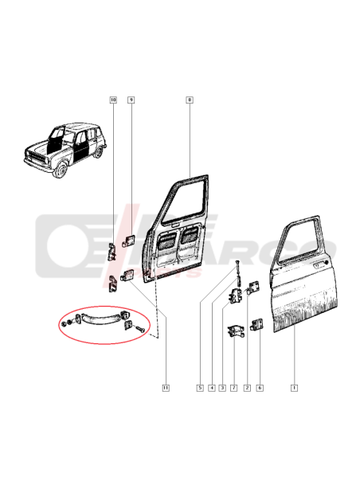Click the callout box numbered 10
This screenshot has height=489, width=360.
click(113, 100)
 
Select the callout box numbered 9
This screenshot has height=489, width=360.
click(131, 100)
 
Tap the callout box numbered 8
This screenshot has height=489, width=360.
click(190, 100)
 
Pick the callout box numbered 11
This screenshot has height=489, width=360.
click(166, 388)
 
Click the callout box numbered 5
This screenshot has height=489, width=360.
click(200, 388)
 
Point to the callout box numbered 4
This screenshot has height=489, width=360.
click(212, 388)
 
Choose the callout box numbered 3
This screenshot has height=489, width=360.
click(223, 388)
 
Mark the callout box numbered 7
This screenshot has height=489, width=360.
click(234, 388)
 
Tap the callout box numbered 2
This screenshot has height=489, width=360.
click(247, 388)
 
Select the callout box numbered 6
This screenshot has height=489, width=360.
click(260, 388)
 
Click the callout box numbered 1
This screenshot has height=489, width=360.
click(294, 388)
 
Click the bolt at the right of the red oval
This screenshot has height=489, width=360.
click(141, 328)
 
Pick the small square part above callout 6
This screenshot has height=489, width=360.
click(257, 324)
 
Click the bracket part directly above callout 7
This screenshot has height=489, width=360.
click(235, 332)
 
